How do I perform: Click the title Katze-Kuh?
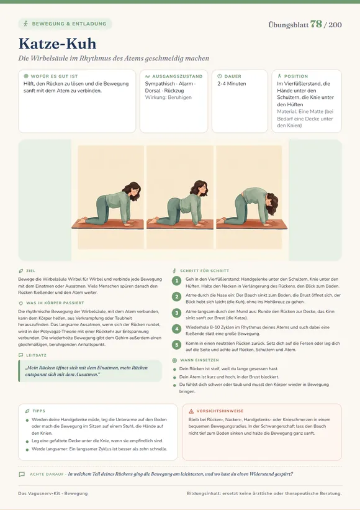point(58,44)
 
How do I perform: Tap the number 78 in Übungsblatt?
point(316,24)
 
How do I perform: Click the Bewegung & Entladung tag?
point(65,24)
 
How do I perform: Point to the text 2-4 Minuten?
point(232,84)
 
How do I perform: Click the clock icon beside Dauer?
point(220,76)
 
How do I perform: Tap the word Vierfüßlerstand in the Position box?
point(303,84)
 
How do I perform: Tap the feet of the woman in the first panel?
point(81,220)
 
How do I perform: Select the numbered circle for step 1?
point(176,281)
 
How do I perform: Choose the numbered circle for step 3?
point(176,313)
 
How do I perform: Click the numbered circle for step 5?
point(176,345)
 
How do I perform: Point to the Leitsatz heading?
point(37,355)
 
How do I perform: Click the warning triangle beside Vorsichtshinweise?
point(191,411)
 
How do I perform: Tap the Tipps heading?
point(39,411)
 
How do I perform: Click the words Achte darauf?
point(47,474)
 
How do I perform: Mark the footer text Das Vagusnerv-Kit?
point(39,493)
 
